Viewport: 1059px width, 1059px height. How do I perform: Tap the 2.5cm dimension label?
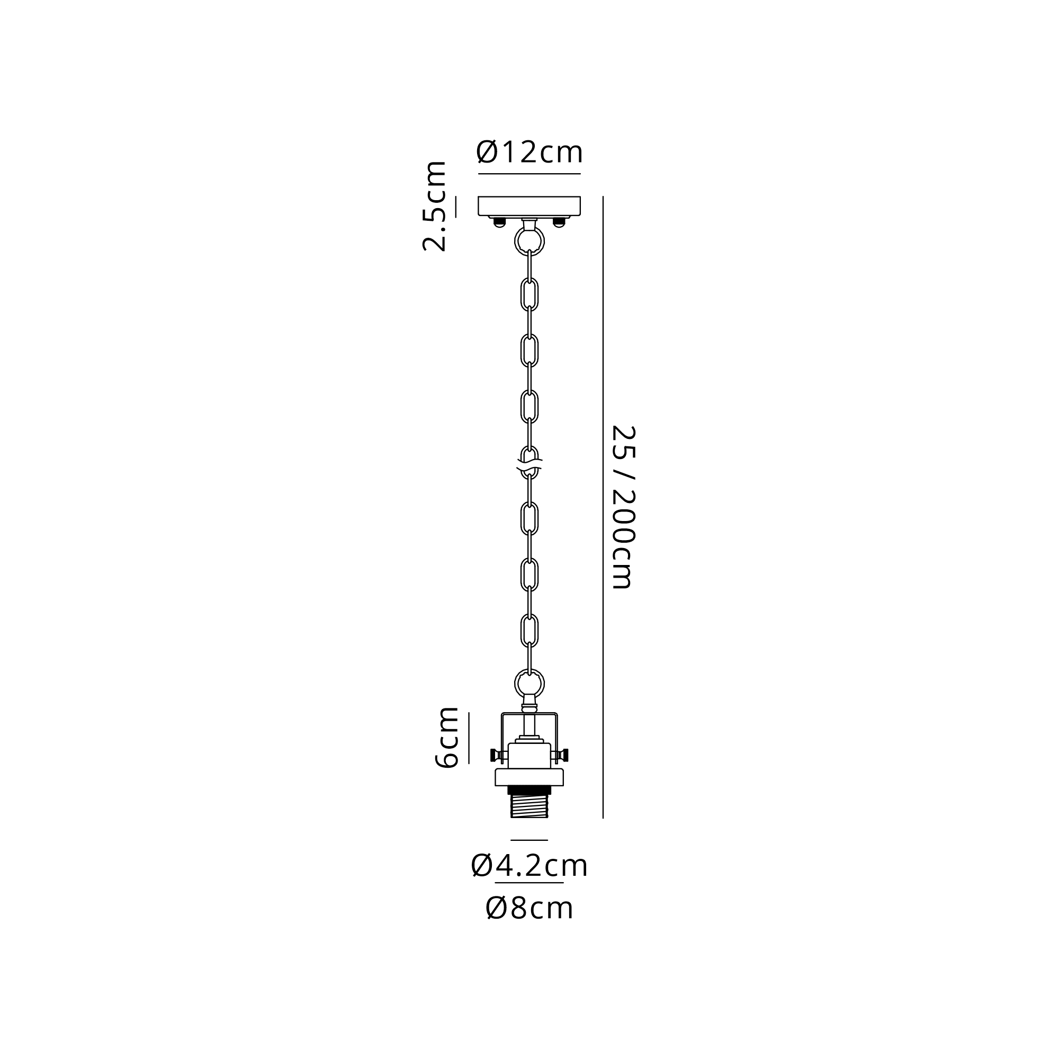[434, 207]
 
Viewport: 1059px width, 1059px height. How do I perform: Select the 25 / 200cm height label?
[623, 507]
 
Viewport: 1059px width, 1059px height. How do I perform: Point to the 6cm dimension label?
[446, 737]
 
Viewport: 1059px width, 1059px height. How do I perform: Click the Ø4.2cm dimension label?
[529, 866]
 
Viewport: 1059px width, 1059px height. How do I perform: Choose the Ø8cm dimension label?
[529, 908]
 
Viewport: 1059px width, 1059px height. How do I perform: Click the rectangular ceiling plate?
[529, 205]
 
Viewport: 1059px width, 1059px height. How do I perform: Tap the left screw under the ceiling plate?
[499, 221]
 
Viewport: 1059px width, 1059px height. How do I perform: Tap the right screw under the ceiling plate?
[559, 221]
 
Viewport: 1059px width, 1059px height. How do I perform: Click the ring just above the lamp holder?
[529, 684]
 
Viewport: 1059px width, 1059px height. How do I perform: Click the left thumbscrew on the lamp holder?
[498, 756]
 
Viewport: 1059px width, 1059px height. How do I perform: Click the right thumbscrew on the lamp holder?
[560, 756]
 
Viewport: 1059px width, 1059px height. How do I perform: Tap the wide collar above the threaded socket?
[529, 777]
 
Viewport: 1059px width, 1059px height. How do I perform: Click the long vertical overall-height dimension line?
[603, 507]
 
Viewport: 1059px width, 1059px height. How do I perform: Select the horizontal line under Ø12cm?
[529, 174]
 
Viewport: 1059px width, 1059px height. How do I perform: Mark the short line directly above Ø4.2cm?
[529, 840]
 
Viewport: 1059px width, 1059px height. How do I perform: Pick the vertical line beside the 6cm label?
[469, 738]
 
